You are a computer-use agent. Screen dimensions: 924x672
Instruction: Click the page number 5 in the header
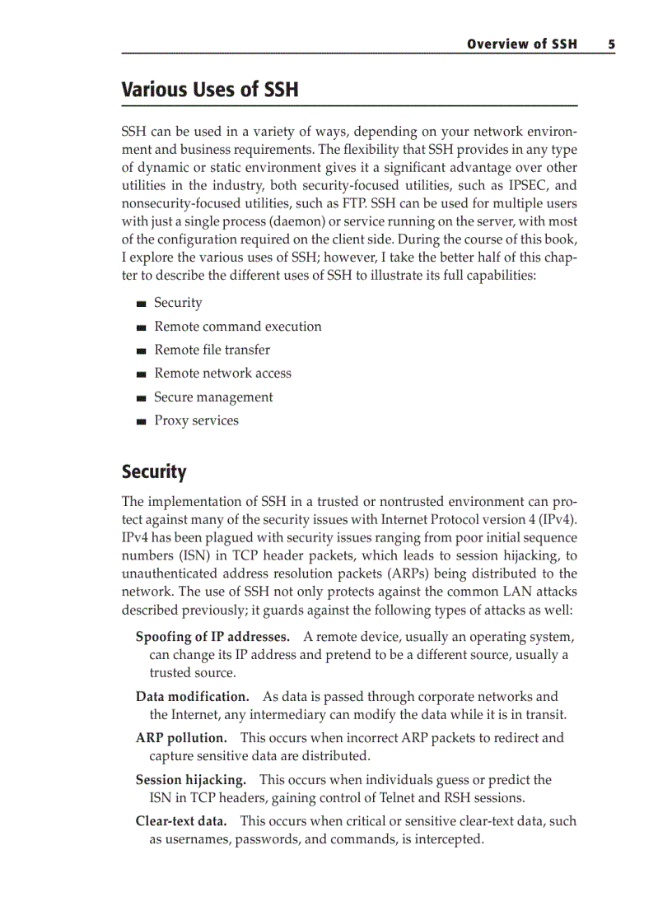point(611,44)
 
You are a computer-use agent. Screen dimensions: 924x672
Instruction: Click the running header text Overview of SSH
point(522,44)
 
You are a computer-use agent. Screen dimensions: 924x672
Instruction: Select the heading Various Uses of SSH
point(210,90)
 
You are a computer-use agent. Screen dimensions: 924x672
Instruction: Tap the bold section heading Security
point(154,472)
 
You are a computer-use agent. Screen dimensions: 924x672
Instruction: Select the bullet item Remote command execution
point(238,327)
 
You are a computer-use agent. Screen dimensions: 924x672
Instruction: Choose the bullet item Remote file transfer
point(212,350)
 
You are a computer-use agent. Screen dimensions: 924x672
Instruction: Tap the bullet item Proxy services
point(196,420)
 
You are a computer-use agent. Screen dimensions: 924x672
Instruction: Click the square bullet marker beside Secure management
point(142,398)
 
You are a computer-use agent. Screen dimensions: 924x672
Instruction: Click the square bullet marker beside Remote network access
point(142,374)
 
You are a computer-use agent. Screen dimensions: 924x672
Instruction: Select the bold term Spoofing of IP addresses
point(212,637)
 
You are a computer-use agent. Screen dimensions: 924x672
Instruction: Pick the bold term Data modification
point(193,697)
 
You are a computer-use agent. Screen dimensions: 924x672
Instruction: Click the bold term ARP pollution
point(181,738)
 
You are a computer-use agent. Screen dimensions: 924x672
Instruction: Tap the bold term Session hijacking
point(191,779)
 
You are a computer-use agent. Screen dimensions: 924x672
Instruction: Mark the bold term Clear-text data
point(181,821)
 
